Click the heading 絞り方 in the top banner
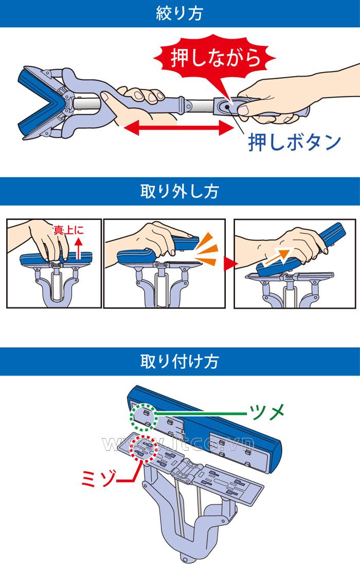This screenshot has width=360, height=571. (179, 13)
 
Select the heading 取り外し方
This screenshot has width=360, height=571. (179, 192)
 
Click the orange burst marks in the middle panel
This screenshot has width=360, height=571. (209, 246)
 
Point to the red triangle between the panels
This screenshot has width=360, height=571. (229, 263)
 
